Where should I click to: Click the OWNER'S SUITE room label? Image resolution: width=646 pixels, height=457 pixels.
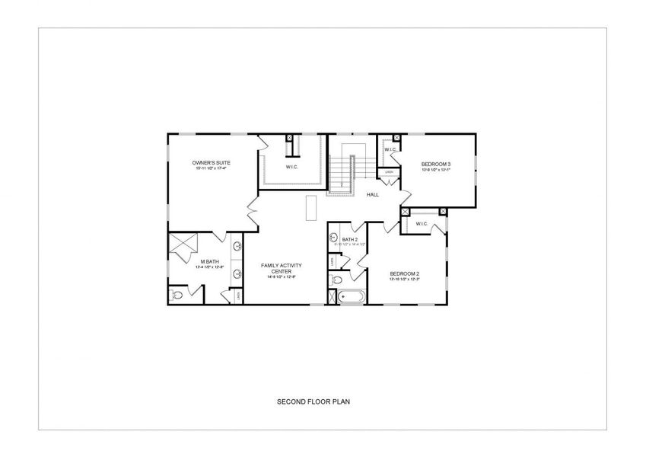pos(211,163)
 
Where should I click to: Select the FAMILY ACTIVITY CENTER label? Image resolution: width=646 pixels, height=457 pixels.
pos(282,267)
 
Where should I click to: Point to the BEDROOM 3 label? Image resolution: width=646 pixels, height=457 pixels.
pos(436,164)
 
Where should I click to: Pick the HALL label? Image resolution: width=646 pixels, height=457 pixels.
pos(373,194)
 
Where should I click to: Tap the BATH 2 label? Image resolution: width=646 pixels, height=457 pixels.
pos(349,239)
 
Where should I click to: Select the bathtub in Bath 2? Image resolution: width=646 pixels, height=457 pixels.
pos(351,297)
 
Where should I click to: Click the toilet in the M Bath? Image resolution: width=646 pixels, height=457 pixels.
pos(176,295)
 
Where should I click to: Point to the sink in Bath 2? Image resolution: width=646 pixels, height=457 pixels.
pos(333,238)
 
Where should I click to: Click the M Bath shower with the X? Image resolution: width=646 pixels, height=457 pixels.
pos(183,245)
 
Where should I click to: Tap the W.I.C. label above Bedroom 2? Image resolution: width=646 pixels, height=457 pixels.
pos(421,224)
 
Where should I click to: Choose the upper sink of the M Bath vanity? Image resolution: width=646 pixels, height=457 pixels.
pos(237,246)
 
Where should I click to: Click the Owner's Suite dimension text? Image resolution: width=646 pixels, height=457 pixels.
pos(211,169)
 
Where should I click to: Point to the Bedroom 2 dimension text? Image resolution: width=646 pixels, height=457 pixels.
pos(405,280)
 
